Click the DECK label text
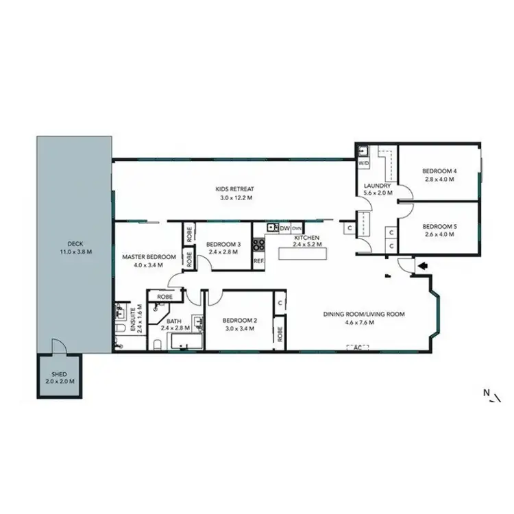74,244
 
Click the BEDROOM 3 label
223,244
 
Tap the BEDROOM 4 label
439,171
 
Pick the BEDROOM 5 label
439,227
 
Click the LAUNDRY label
378,186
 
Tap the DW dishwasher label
284,228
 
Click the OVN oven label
297,228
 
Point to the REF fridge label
258,261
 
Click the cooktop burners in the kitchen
258,243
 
